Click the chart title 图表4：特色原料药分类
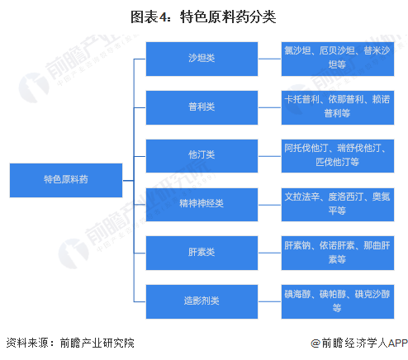[203, 17]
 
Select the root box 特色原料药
[66, 180]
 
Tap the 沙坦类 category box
[202, 59]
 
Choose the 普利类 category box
[202, 107]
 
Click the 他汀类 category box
[202, 156]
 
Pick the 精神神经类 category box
[202, 205]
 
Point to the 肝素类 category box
[202, 253]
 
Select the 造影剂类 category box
[202, 301]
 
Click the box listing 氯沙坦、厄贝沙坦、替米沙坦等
[338, 59]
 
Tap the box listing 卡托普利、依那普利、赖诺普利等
[338, 107]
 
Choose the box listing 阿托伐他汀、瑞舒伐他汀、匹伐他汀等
[338, 156]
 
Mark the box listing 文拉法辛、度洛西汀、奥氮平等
[338, 205]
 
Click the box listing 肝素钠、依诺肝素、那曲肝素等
[338, 253]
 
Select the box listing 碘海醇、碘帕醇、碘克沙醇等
[338, 301]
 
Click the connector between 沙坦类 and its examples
[269, 59]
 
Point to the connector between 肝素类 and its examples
[269, 253]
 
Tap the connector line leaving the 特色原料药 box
[128, 181]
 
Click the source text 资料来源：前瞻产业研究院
[70, 343]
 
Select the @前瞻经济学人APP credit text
[359, 343]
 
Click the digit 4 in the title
[163, 17]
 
